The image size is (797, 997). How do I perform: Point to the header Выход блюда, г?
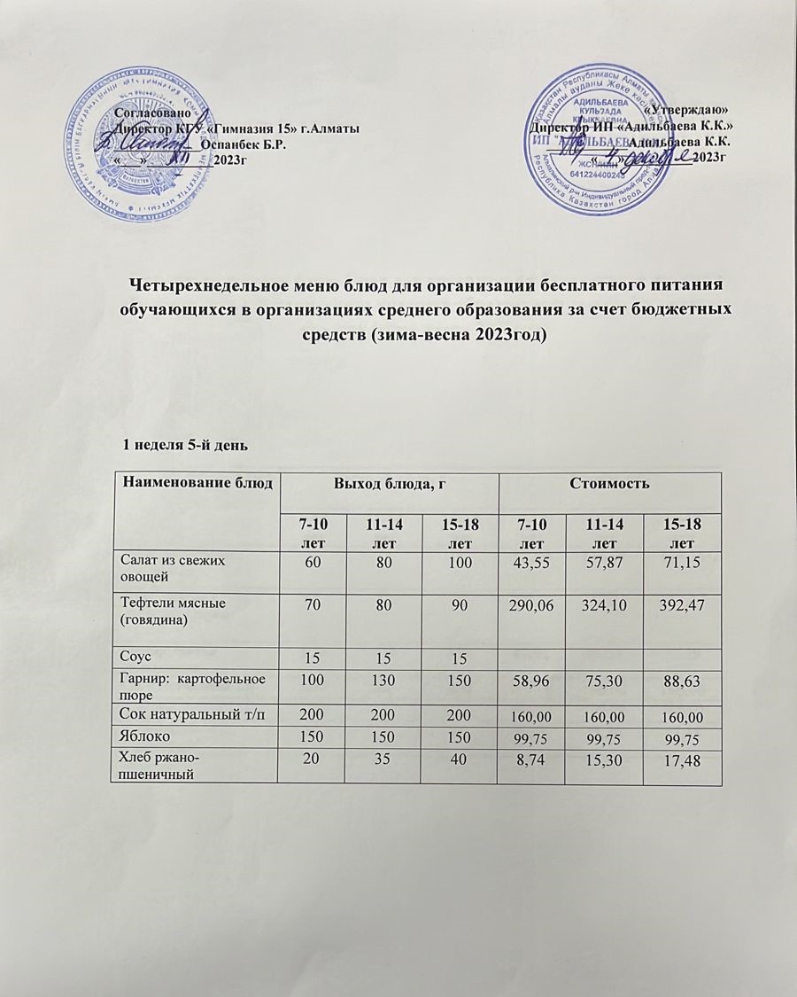tap(388, 484)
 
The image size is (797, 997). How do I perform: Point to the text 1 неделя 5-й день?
tap(190, 440)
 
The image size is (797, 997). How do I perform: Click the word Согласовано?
tap(153, 113)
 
